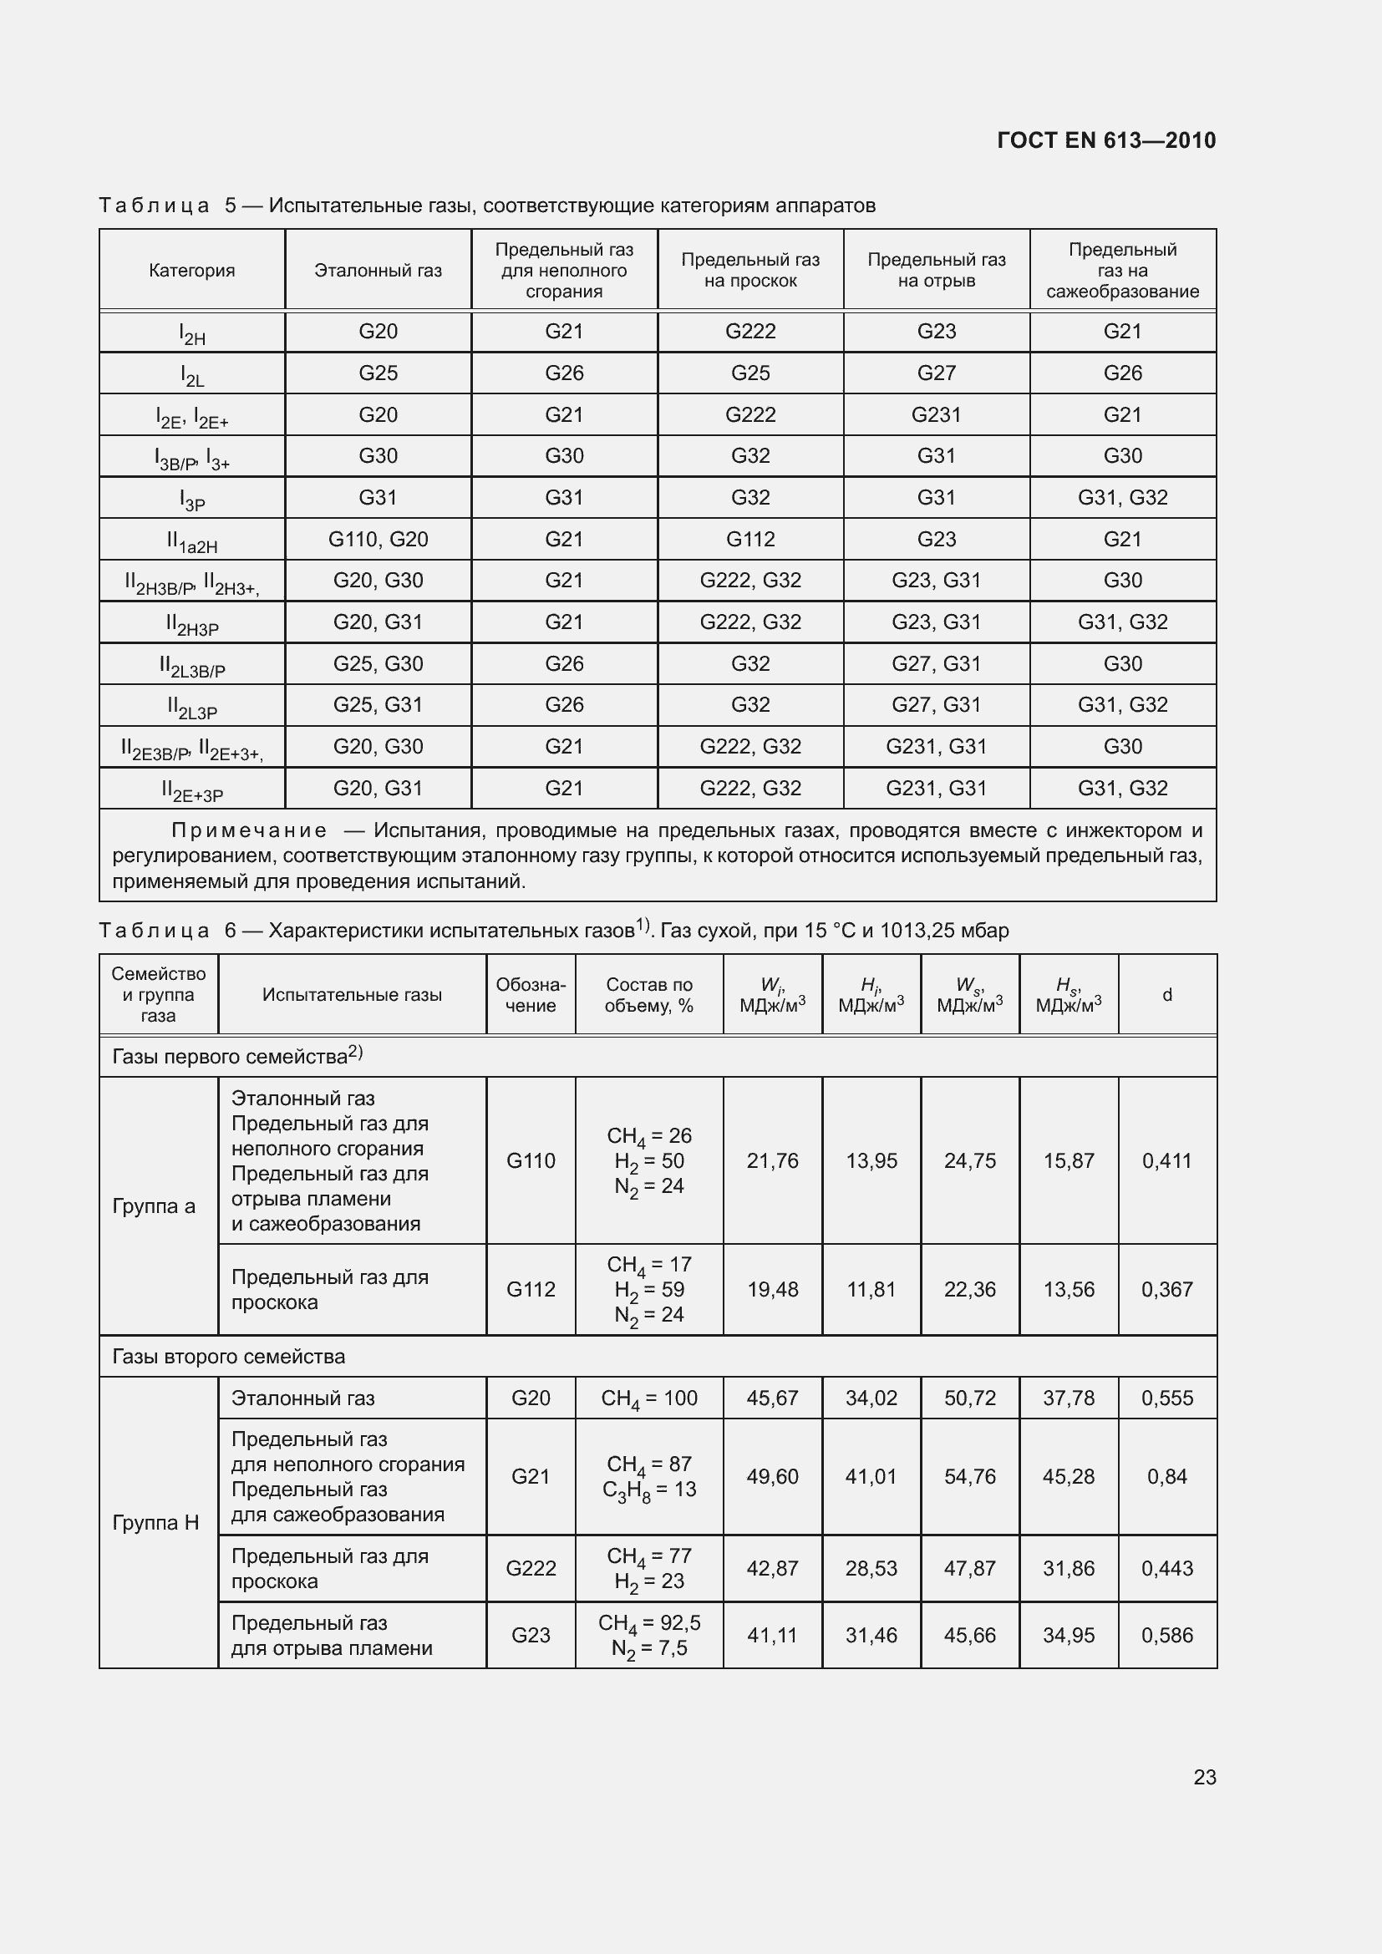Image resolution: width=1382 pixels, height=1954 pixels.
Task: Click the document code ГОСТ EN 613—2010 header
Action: click(1105, 140)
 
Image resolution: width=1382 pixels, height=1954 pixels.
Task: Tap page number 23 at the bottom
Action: click(1204, 1777)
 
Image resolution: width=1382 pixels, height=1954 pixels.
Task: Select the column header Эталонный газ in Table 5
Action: click(378, 271)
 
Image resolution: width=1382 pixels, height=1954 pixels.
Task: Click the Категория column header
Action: click(191, 271)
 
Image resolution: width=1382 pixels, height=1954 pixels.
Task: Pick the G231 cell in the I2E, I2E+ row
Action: click(936, 414)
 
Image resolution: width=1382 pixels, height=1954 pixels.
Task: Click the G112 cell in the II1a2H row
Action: click(749, 539)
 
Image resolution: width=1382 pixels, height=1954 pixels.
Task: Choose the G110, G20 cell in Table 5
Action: click(378, 539)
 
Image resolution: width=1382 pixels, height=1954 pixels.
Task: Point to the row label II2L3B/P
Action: click(191, 666)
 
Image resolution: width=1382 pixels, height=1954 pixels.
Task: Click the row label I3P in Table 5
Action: click(191, 500)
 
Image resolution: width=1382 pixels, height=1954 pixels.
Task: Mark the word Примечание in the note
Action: click(249, 830)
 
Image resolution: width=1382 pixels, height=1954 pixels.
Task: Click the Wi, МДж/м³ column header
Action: click(772, 994)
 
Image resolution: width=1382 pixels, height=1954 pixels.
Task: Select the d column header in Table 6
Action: click(1166, 994)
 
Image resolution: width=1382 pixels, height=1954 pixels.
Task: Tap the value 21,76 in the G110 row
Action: click(772, 1161)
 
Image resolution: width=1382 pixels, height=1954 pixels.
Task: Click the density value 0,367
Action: click(1166, 1289)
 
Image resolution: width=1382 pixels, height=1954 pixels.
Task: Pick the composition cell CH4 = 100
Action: click(648, 1398)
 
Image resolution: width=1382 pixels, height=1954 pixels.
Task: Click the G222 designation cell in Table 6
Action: click(531, 1567)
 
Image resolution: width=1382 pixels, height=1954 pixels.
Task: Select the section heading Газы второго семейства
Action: click(229, 1357)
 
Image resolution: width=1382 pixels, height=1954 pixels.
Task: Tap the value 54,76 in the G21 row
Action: click(969, 1476)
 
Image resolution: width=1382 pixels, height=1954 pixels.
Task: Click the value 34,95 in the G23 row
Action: click(1068, 1635)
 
